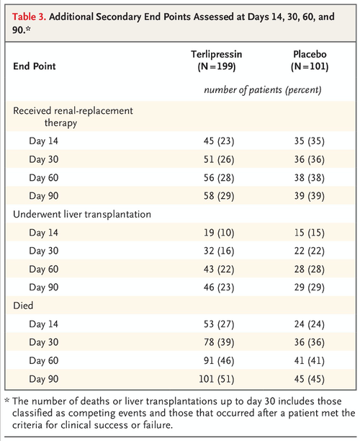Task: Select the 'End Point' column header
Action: click(37, 66)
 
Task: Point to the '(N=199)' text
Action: click(213, 66)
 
